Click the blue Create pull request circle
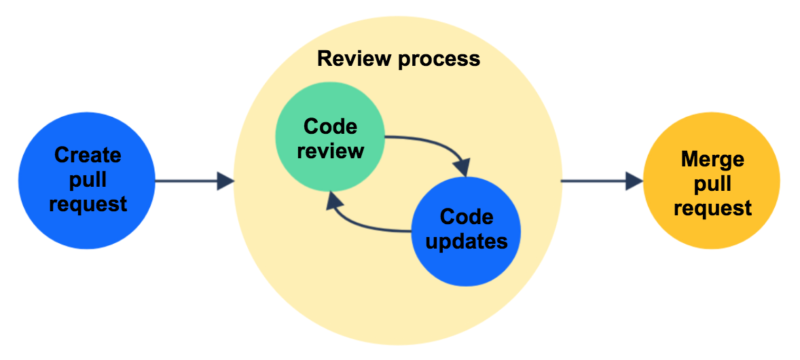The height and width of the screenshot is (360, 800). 87,180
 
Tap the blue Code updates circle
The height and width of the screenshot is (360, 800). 466,230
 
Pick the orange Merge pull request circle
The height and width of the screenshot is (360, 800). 711,183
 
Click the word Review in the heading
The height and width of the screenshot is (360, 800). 354,59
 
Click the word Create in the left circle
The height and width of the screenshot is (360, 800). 88,155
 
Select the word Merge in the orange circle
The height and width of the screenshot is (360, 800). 712,159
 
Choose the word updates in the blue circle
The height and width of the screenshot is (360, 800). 467,241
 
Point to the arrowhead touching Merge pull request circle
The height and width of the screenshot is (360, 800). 634,181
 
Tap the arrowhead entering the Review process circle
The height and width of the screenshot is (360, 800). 226,181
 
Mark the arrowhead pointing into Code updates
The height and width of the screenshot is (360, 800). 462,167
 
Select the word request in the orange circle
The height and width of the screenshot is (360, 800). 712,207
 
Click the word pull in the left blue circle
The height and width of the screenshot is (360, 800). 88,179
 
